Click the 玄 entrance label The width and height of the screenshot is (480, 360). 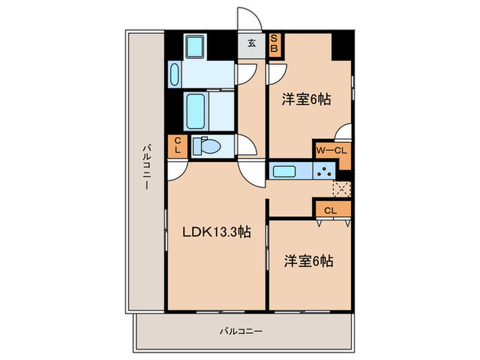(x=251, y=43)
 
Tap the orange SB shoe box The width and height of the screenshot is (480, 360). (x=274, y=44)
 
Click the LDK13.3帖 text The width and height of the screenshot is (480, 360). (x=215, y=232)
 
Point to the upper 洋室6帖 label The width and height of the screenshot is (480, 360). (x=307, y=99)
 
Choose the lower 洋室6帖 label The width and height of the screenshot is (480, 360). (x=309, y=261)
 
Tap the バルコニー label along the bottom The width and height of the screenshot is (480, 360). (x=241, y=331)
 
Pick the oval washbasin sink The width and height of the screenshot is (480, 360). (x=173, y=73)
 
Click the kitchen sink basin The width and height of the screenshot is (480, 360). (x=283, y=171)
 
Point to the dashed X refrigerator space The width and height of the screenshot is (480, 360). (x=341, y=190)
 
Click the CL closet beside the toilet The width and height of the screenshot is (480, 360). (x=177, y=146)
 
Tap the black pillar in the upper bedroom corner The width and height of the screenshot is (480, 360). (x=341, y=47)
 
